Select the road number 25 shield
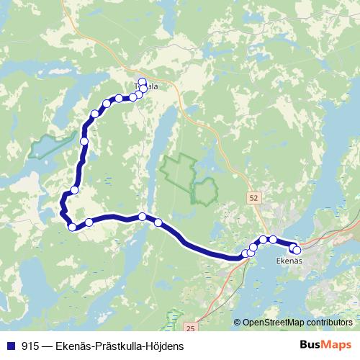[x=190, y=328]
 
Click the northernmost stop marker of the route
[x=142, y=81]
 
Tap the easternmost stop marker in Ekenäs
[x=297, y=250]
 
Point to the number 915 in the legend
[x=30, y=346]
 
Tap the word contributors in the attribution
[x=330, y=322]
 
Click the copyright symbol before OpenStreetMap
[x=238, y=322]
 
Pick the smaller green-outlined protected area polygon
[x=205, y=191]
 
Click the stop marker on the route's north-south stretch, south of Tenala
[x=84, y=141]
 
